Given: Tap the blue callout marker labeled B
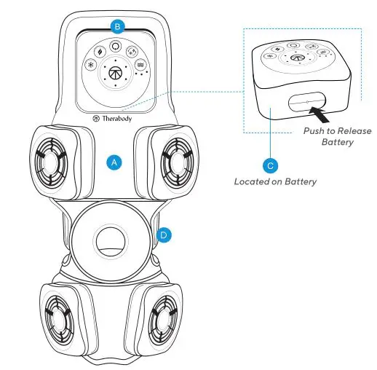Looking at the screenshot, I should click(116, 26).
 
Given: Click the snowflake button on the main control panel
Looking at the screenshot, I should click(90, 65).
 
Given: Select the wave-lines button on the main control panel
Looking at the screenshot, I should click(138, 65).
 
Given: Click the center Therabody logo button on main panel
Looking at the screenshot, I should click(114, 71).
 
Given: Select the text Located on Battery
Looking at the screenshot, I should click(275, 181).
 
